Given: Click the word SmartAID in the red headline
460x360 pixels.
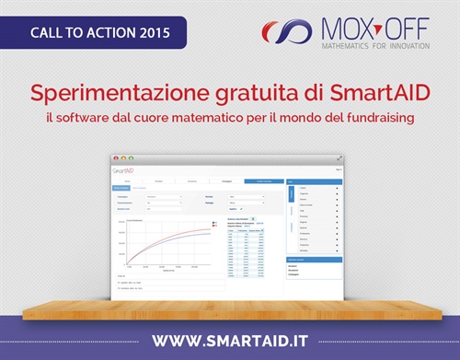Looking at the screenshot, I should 381,93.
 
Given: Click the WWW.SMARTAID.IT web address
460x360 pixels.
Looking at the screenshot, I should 229,340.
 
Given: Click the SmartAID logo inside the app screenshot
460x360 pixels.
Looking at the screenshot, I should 124,170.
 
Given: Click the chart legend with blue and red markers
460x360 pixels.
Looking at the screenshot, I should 214,224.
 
